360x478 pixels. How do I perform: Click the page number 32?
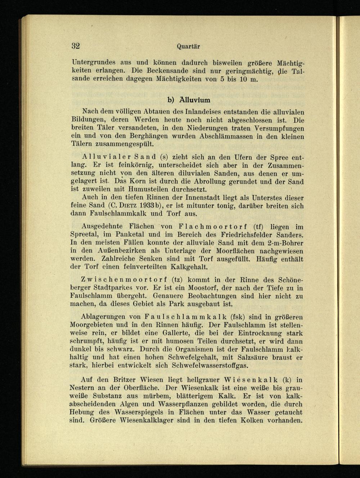[x=75, y=46]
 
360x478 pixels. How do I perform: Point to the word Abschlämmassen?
[x=222, y=136]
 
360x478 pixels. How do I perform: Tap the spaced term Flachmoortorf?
[x=212, y=227]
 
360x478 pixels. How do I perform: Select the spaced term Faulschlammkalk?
[x=185, y=317]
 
